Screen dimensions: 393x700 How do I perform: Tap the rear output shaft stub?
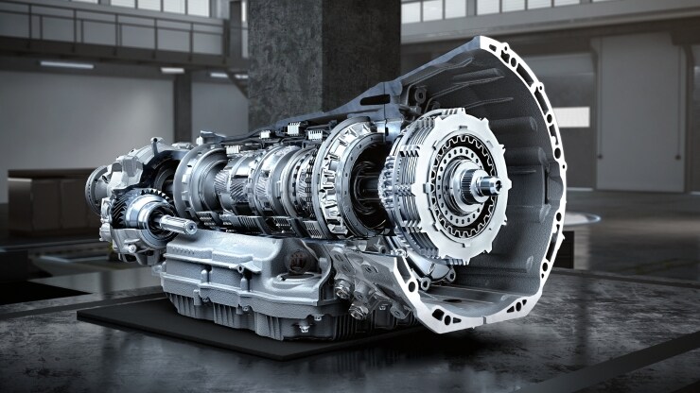click(x=176, y=225)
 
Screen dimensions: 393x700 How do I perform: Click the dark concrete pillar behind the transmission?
click(x=323, y=57)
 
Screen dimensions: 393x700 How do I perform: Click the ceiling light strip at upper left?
click(x=66, y=65)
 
